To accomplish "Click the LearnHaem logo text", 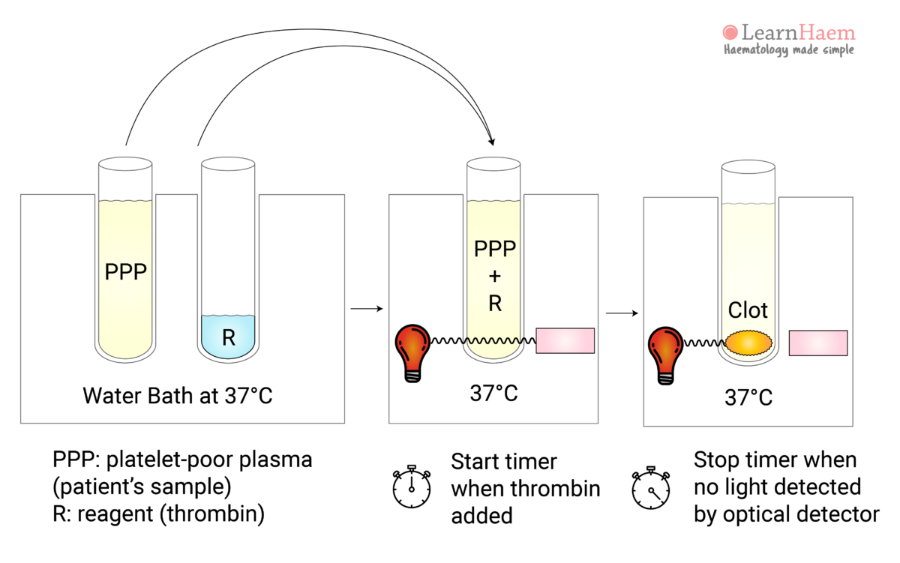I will [797, 32].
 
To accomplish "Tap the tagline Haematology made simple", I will [788, 50].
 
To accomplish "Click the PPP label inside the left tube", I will [125, 271].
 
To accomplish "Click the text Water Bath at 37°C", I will [177, 395].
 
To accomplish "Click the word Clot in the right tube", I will [748, 310].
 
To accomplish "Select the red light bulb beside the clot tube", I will [665, 355].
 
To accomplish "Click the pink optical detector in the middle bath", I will [565, 340].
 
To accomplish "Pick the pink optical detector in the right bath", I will [818, 343].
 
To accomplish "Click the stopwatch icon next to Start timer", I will [412, 487].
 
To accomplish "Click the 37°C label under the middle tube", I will [494, 393].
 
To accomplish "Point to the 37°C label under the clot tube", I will [748, 397].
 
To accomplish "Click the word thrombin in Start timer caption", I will [556, 488].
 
